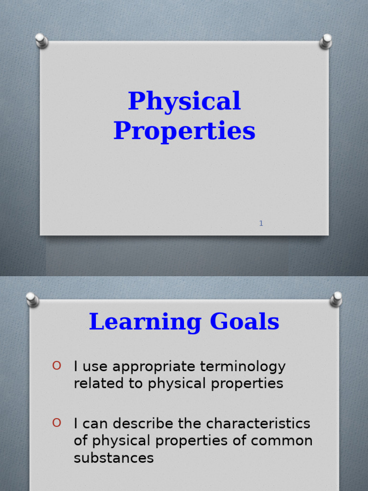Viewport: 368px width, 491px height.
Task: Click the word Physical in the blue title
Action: (x=184, y=102)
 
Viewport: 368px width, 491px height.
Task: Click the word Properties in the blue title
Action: (x=184, y=131)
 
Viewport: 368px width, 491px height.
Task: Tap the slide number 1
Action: (x=261, y=223)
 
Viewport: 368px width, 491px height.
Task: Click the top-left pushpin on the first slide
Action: (x=42, y=40)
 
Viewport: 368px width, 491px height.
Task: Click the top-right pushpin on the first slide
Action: (x=326, y=41)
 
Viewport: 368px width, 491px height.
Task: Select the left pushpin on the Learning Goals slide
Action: (x=32, y=299)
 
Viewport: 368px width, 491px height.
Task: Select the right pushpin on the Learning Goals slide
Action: (x=336, y=299)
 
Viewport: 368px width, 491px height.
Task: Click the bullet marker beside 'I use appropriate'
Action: (x=57, y=366)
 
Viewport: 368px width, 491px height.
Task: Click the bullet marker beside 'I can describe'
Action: (x=57, y=422)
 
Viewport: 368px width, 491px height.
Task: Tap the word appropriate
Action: (x=149, y=367)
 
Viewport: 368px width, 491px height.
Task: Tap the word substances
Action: (x=114, y=458)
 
